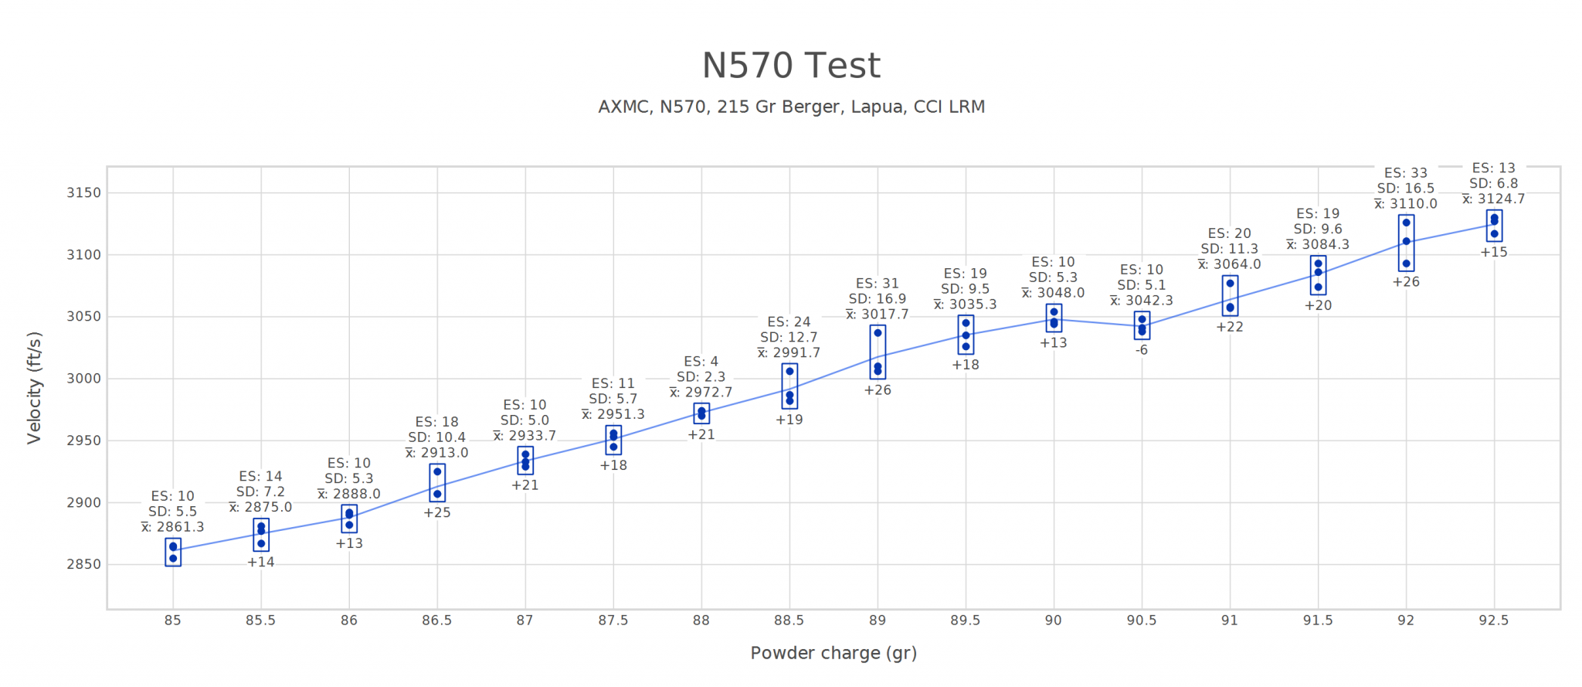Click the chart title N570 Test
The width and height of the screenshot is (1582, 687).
click(x=790, y=66)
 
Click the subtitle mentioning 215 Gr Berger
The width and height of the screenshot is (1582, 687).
click(x=791, y=107)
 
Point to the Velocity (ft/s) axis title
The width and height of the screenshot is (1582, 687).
click(x=34, y=387)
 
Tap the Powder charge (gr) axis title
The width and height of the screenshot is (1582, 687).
click(x=833, y=653)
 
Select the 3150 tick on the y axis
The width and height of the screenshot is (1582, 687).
click(x=83, y=192)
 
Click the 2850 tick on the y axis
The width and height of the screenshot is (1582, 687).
click(x=83, y=564)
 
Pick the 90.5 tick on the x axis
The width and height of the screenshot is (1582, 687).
click(x=1142, y=621)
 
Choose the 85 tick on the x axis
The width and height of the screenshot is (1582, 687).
click(x=172, y=621)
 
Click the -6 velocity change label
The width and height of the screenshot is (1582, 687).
click(x=1142, y=350)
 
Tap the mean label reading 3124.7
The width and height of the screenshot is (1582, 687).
click(x=1494, y=199)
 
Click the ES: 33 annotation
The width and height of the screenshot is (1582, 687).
click(x=1406, y=173)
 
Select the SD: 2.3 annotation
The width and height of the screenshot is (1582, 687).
click(x=701, y=376)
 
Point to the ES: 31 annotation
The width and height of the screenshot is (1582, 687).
click(x=878, y=284)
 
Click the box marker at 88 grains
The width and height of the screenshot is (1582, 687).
click(x=701, y=413)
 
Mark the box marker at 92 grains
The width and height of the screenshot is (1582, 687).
click(x=1406, y=243)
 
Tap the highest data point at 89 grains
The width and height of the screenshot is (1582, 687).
click(x=878, y=333)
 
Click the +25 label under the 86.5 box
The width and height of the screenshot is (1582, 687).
click(x=437, y=512)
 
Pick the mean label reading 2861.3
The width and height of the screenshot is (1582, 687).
click(x=173, y=527)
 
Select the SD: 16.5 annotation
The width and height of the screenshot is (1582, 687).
click(x=1406, y=189)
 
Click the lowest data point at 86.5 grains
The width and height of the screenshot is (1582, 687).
click(x=437, y=494)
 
